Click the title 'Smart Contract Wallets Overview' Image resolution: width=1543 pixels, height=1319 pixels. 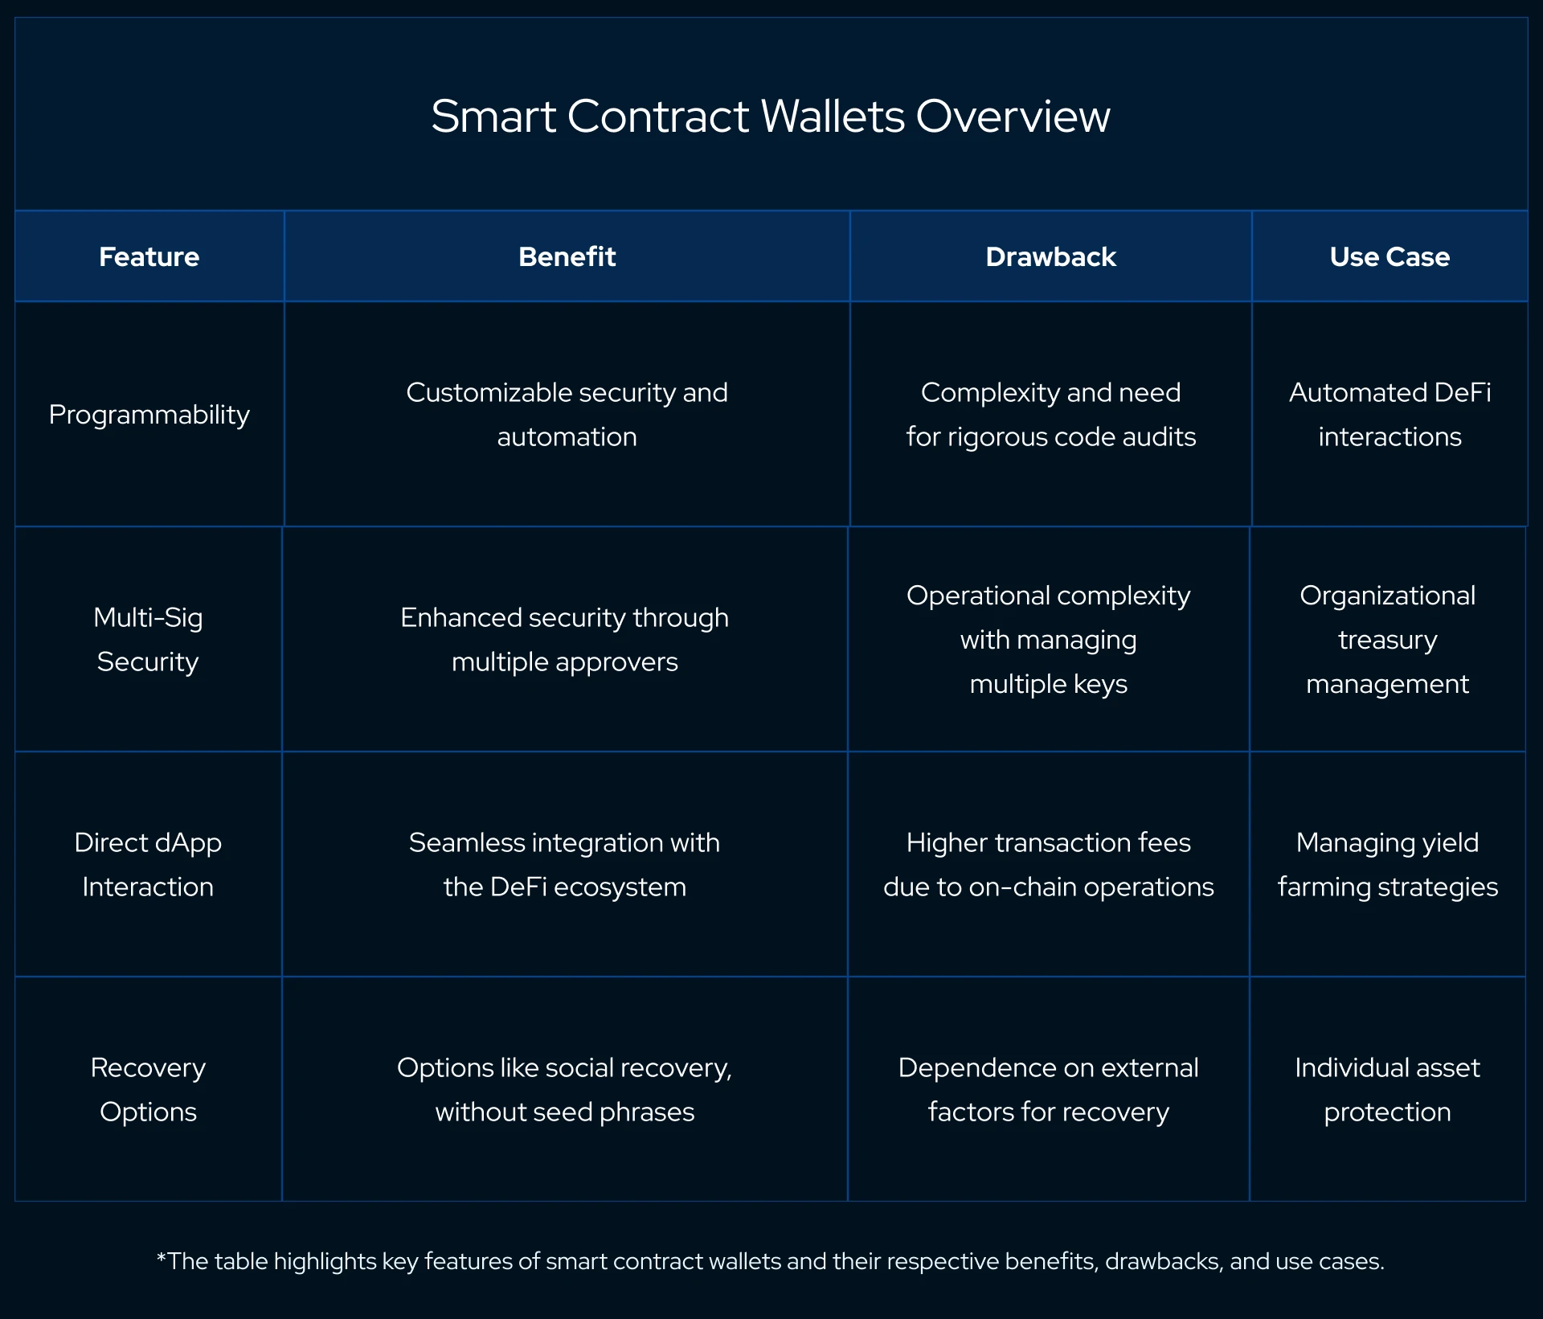[770, 116]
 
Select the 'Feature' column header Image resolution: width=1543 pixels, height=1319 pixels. [149, 256]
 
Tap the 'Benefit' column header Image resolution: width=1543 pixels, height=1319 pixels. [567, 256]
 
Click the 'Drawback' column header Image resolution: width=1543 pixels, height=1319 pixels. [1050, 256]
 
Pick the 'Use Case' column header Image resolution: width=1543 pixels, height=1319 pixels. [1390, 256]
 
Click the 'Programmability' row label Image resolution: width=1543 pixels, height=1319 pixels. [149, 415]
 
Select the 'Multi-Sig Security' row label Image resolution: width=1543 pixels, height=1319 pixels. [148, 640]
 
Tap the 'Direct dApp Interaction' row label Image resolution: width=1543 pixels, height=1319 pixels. [148, 865]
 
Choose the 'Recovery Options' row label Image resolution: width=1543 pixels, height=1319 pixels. [148, 1090]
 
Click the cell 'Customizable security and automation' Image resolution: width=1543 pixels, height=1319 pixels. [567, 415]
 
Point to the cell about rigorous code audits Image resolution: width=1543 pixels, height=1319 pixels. [1050, 415]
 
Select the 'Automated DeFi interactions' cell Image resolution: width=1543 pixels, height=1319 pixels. [1390, 415]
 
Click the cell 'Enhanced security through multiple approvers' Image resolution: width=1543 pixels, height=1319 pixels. [564, 640]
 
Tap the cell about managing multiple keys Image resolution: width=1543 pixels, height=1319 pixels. [1048, 640]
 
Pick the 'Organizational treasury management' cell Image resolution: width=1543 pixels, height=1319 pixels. [1387, 640]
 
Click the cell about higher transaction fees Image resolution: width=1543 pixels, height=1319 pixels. [1048, 865]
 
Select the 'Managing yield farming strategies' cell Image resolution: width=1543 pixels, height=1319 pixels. [1387, 865]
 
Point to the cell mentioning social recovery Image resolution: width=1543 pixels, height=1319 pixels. [564, 1090]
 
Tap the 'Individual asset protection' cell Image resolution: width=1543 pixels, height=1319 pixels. [1387, 1090]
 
